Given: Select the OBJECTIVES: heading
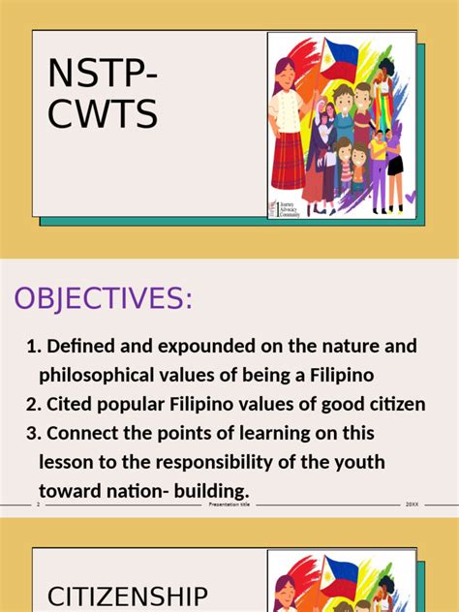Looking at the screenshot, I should tap(102, 299).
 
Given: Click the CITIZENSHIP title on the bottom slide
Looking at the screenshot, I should tap(127, 596).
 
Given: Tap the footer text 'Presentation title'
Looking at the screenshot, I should tap(229, 505).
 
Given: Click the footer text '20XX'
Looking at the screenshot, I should tap(412, 505).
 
